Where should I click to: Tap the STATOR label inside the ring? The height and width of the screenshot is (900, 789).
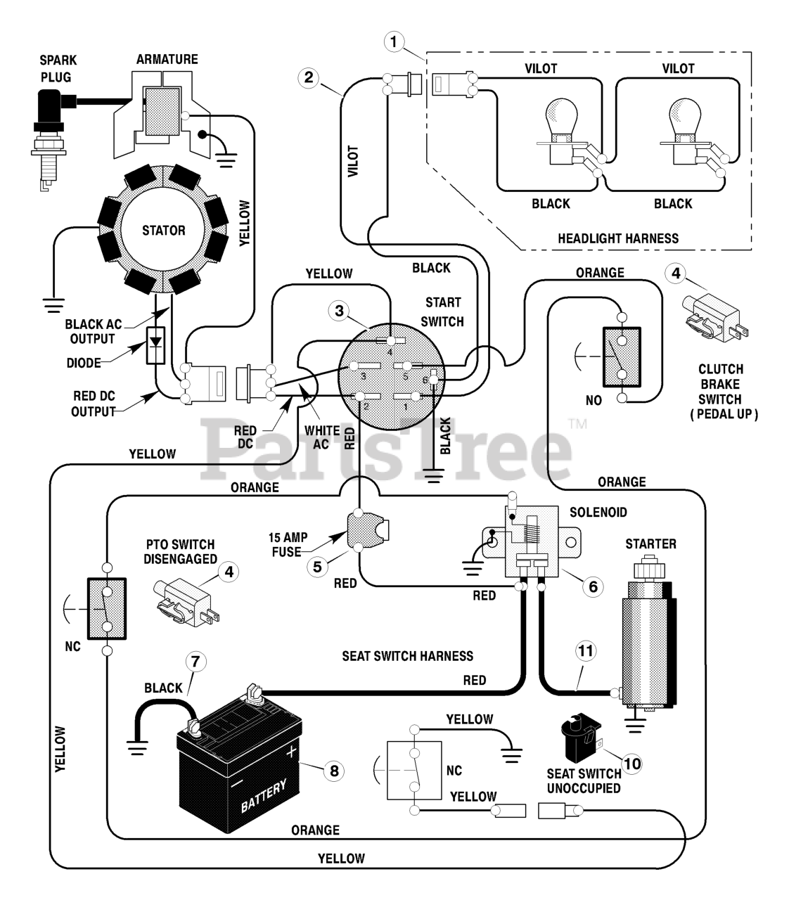click(163, 230)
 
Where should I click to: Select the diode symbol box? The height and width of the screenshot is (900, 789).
click(155, 345)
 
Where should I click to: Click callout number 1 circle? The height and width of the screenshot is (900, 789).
click(394, 42)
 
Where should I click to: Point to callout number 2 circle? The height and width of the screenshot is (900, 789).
click(308, 77)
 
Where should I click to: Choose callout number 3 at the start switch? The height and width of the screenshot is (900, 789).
click(339, 311)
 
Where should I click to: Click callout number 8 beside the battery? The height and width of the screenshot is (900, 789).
click(334, 771)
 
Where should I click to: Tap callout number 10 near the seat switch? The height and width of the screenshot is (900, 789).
click(632, 763)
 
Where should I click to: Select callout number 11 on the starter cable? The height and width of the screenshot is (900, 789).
click(585, 650)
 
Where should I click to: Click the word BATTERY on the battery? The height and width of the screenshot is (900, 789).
click(264, 796)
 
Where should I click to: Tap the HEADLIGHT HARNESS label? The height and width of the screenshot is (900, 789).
click(618, 238)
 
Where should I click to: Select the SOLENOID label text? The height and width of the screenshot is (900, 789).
click(598, 512)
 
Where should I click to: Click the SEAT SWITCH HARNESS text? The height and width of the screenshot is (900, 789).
click(407, 656)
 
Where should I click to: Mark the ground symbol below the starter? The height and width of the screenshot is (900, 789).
click(635, 725)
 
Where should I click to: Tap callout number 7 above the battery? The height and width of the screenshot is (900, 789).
click(195, 662)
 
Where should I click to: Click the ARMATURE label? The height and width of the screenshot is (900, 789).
click(167, 59)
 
